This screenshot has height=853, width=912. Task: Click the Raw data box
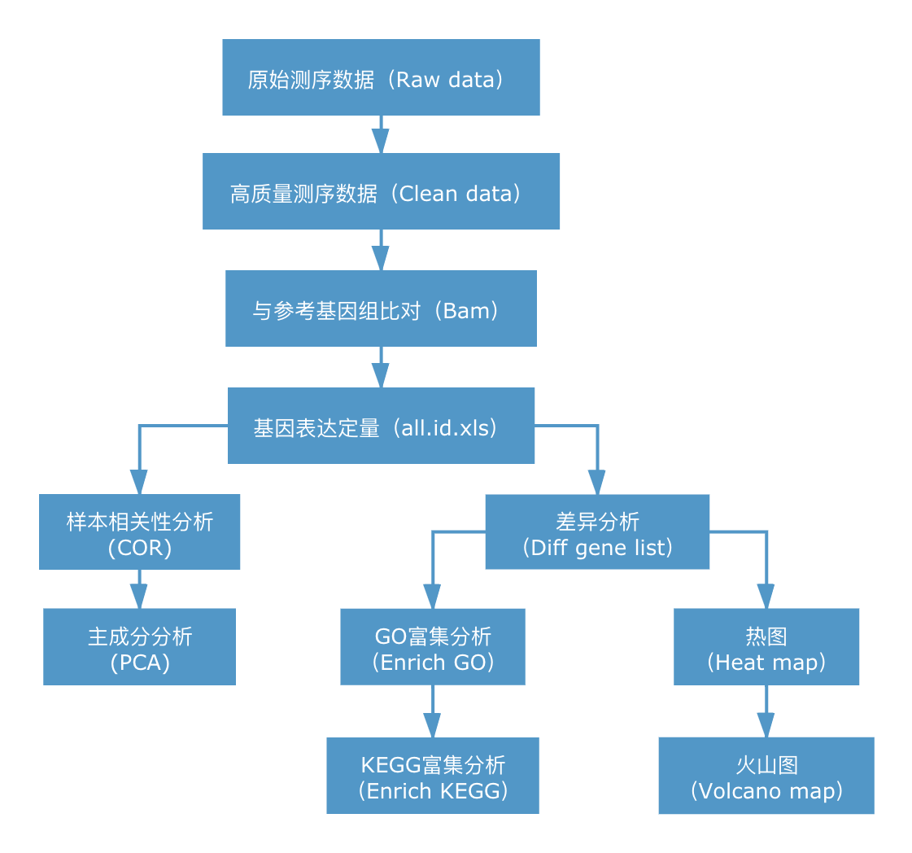[381, 77]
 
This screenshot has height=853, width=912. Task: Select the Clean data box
[381, 191]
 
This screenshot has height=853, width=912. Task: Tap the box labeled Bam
[381, 308]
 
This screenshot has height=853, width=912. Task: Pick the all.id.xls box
[381, 426]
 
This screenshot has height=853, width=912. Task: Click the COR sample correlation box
[140, 531]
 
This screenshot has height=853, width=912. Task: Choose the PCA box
[140, 646]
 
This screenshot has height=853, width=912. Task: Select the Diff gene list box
[597, 531]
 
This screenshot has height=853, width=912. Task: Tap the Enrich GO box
[432, 646]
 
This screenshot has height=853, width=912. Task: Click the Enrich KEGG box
[432, 775]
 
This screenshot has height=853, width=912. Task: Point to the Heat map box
[766, 646]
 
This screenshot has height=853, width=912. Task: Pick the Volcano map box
[766, 775]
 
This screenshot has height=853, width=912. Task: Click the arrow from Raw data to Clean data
[381, 135]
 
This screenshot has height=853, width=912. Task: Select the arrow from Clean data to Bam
[381, 251]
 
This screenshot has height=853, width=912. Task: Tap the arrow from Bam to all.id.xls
[381, 368]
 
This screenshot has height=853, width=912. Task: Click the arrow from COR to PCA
[140, 590]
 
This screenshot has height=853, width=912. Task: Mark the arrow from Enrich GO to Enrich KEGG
[432, 712]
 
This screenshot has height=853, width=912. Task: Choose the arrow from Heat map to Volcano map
[766, 712]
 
